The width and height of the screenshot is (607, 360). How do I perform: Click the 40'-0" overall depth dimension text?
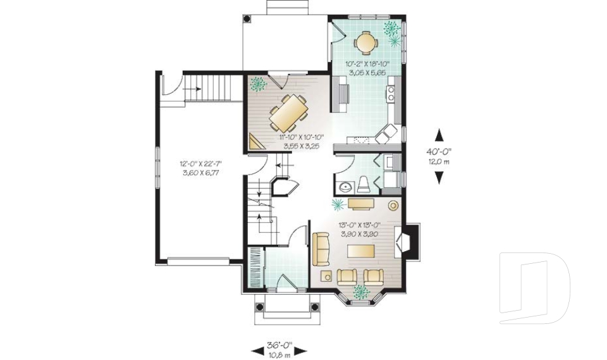[438, 152]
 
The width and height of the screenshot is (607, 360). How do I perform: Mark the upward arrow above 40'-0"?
[438, 135]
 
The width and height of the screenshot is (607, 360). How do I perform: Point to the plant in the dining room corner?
[257, 84]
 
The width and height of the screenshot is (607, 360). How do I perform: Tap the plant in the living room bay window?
[361, 291]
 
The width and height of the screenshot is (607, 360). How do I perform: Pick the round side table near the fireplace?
[393, 206]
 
